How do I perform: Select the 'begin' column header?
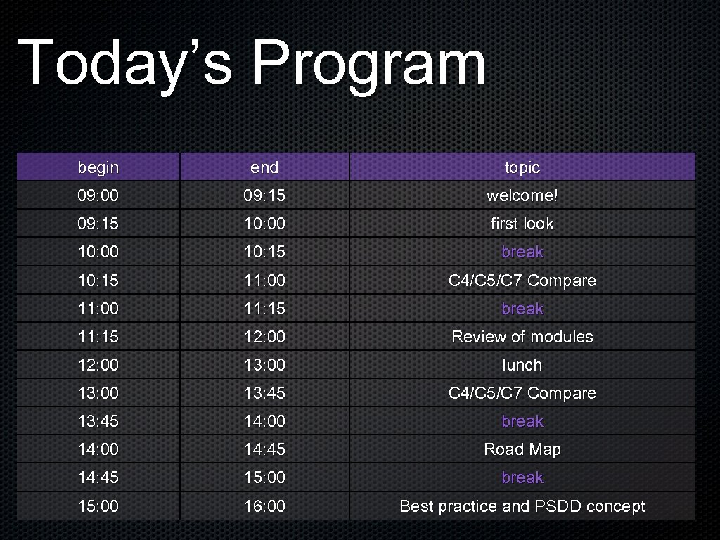click(98, 167)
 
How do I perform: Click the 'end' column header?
click(264, 167)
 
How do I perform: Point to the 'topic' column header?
click(522, 167)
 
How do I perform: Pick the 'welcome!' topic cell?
click(522, 195)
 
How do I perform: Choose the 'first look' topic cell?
click(522, 224)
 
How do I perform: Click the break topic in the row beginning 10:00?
click(522, 252)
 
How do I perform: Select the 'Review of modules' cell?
click(522, 337)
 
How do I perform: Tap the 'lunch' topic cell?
click(522, 365)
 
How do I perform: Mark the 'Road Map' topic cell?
click(522, 449)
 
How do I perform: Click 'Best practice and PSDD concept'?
click(522, 506)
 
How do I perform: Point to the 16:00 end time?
click(264, 506)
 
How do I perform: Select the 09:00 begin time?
click(98, 195)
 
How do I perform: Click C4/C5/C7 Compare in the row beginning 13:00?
click(522, 393)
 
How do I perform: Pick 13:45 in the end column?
click(264, 393)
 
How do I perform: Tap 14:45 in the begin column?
click(98, 477)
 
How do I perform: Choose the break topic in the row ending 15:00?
click(522, 477)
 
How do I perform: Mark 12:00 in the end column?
click(264, 337)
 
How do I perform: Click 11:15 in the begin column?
click(98, 337)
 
